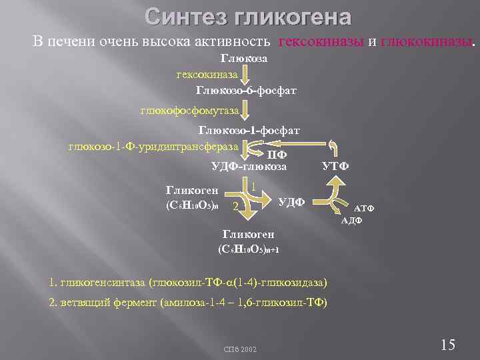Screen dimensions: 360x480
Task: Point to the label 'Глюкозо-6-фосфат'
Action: coord(246,89)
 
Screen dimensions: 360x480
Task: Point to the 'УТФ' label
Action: coord(335,165)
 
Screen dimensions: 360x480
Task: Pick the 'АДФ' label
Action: coord(351,220)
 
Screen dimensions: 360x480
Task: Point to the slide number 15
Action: coord(448,345)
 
